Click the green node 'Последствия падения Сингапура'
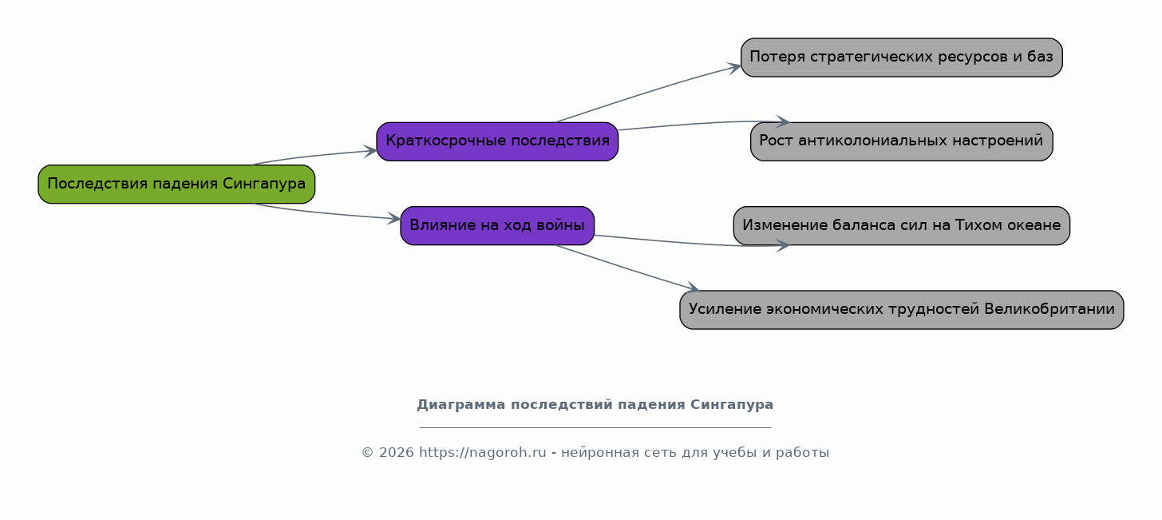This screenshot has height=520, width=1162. tap(176, 185)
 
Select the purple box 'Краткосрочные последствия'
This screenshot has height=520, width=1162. tap(497, 141)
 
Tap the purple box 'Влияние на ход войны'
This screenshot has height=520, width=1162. tap(497, 226)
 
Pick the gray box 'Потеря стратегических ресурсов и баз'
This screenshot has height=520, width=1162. tap(902, 58)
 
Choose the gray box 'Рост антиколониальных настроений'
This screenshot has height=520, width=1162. tap(902, 141)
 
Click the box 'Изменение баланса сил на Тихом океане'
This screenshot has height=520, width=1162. tap(902, 226)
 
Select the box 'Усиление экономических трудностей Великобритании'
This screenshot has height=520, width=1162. tap(902, 310)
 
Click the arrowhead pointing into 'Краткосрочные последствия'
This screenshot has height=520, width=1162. tap(370, 151)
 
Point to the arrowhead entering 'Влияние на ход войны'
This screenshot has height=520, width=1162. tap(394, 219)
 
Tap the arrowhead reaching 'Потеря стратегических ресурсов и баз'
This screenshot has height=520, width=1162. tap(734, 67)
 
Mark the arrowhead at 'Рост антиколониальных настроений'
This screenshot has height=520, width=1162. tap(783, 122)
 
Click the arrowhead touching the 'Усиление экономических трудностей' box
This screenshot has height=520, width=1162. tap(693, 287)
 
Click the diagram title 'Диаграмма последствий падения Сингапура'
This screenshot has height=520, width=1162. tap(595, 405)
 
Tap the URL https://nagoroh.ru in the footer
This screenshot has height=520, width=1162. tap(482, 453)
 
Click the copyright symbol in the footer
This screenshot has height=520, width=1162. tap(367, 453)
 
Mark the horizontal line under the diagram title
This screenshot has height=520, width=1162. tap(595, 427)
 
